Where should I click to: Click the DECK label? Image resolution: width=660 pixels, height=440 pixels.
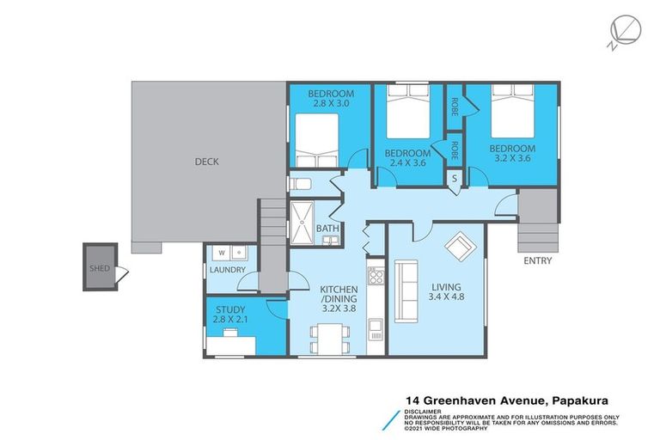pos(206,161)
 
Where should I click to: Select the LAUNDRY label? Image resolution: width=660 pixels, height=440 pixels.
pos(228,270)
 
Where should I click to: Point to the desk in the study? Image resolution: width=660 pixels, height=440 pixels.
pos(230,345)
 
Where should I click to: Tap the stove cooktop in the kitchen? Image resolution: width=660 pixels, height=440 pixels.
pos(376,276)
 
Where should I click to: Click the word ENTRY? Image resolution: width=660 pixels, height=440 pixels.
pos(536,261)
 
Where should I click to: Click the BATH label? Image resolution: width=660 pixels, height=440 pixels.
pos(327,229)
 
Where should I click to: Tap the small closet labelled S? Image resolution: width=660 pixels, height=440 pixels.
pos(455,178)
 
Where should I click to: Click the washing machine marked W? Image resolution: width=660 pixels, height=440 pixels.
pos(222,253)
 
